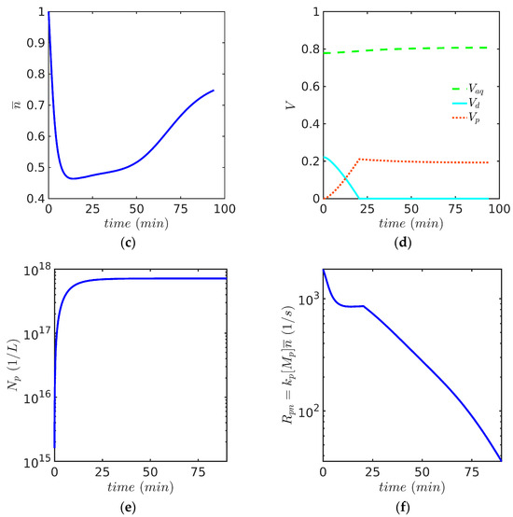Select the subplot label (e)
tap(136, 505)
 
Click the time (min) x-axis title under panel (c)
tap(137, 226)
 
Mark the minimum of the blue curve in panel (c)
tap(71, 178)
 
